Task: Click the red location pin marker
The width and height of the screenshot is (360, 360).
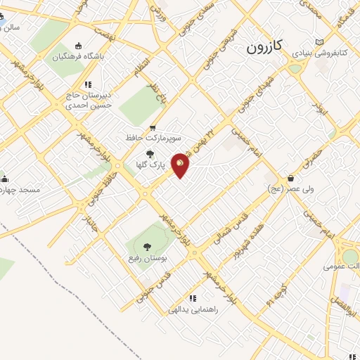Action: [181, 165]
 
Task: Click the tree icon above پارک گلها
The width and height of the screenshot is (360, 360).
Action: [148, 155]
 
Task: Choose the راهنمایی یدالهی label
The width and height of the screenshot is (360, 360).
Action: [192, 309]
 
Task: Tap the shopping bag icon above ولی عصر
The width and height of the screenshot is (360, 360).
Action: [290, 178]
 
